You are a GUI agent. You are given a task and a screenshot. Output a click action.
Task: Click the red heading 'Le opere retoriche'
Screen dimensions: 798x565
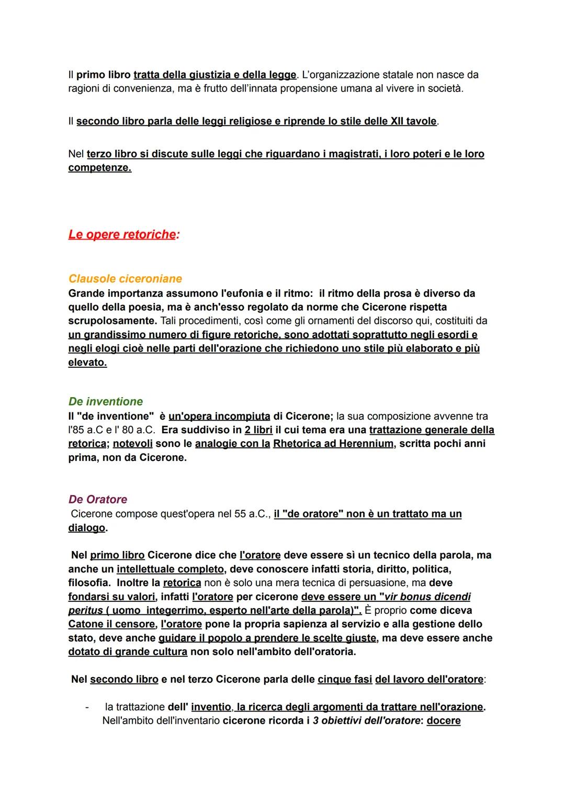click(121, 234)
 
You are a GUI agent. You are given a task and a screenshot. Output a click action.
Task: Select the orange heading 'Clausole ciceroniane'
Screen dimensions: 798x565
click(125, 278)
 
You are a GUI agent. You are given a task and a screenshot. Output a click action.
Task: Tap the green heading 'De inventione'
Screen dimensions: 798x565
click(105, 401)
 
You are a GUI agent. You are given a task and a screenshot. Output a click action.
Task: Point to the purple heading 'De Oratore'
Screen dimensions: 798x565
click(97, 499)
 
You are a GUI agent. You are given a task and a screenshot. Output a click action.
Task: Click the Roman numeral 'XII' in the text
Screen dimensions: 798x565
click(397, 121)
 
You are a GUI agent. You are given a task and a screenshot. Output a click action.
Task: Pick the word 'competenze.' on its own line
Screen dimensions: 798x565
click(99, 167)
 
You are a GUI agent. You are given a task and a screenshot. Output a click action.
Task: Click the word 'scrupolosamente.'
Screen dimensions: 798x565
click(112, 320)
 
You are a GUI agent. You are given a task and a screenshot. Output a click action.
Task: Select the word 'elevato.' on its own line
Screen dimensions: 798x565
click(87, 362)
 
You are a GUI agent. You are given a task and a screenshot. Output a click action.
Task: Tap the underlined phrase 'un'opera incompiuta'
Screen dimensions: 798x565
click(219, 416)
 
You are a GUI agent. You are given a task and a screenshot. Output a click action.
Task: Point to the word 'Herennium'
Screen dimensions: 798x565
click(366, 443)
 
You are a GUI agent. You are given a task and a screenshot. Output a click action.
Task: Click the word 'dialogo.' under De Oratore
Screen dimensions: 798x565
click(88, 527)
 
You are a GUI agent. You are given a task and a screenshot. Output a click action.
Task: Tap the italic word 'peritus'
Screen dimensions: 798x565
click(85, 610)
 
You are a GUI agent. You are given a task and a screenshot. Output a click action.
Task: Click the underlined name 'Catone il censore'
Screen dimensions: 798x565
click(111, 624)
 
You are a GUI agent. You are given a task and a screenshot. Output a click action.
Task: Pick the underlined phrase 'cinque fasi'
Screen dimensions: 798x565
click(345, 679)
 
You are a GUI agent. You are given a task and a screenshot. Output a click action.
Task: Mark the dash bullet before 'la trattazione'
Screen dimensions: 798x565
click(87, 707)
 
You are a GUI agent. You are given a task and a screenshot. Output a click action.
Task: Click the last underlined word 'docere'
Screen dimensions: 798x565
click(444, 721)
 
